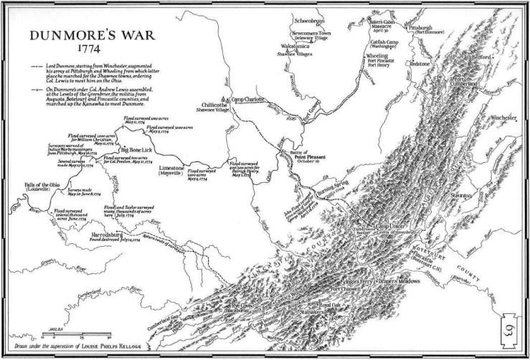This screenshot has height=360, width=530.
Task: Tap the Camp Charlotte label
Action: click(252, 100)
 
